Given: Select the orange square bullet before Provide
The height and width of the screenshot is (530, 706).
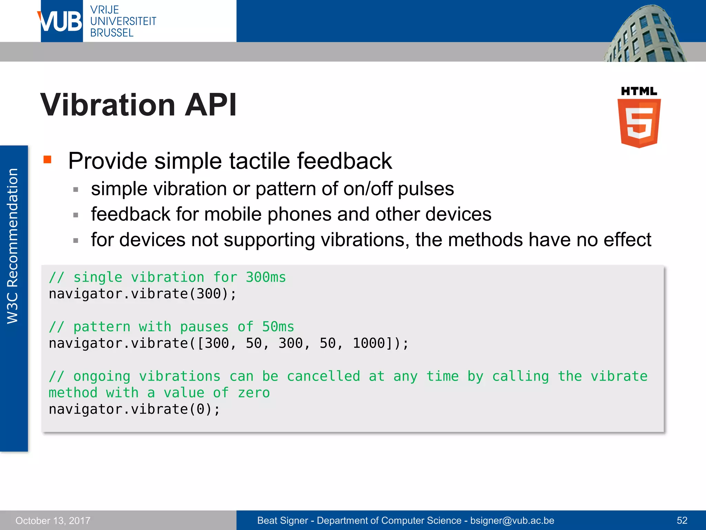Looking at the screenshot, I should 48,160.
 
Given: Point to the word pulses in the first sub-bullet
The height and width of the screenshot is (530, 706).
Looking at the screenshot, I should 426,189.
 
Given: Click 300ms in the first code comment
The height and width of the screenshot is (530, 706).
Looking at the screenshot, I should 266,277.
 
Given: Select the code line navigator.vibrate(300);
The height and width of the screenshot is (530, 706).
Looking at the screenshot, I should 143,294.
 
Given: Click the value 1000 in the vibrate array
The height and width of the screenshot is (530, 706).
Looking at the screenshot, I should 369,343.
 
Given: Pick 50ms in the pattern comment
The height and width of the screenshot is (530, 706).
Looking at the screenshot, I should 278,327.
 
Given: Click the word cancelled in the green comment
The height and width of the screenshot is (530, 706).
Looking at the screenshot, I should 323,376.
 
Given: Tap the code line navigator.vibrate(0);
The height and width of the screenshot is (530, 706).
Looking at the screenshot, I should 134,409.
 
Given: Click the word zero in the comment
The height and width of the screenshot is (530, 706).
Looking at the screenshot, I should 254,393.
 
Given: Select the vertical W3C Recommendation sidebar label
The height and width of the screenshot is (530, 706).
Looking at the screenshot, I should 13,246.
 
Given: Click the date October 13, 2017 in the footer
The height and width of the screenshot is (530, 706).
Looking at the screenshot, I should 53,520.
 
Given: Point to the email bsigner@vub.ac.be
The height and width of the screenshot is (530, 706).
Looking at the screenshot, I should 512,520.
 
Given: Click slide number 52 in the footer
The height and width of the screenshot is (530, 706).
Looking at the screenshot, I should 682,520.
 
